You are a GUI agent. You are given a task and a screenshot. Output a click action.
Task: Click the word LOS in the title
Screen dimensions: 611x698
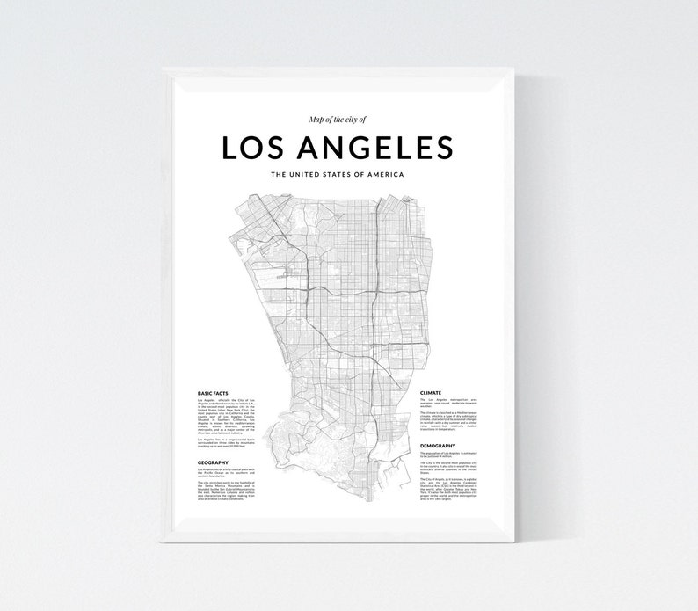click(x=255, y=148)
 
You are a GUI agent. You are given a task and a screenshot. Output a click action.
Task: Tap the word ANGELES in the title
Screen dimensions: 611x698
click(x=380, y=148)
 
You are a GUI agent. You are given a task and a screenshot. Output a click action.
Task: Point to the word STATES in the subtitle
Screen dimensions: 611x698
click(x=348, y=174)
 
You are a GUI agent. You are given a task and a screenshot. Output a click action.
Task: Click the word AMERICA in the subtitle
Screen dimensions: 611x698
click(x=388, y=174)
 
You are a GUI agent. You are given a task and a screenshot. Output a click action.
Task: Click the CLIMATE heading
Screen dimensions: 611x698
click(x=431, y=394)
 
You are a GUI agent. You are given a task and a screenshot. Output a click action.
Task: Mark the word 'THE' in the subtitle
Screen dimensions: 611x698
click(x=280, y=174)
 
